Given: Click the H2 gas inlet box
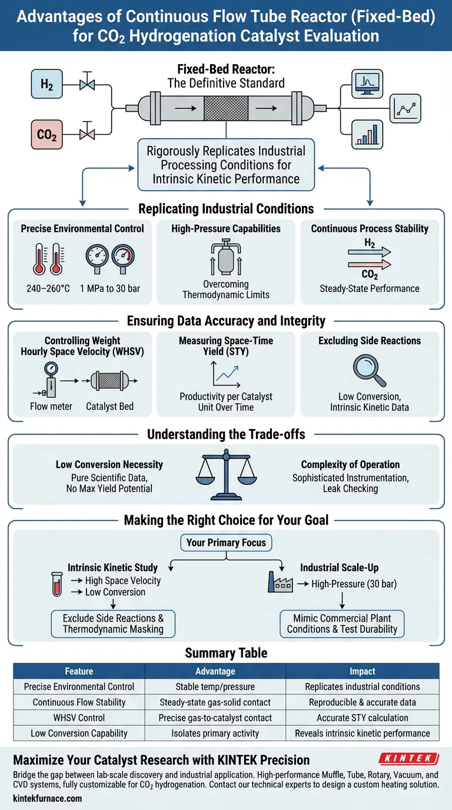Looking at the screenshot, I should (x=46, y=84).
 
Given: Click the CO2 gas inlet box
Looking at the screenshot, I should (x=46, y=135).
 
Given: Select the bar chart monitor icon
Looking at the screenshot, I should (x=367, y=133).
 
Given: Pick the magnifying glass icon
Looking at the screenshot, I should (x=370, y=369).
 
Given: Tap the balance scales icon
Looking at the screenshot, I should (x=226, y=474).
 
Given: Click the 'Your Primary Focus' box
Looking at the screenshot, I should (x=226, y=542).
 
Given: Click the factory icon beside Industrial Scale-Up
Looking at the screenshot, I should (x=279, y=582).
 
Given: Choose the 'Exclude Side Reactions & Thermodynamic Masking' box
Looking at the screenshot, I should (x=113, y=623).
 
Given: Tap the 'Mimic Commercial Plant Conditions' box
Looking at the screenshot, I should (x=342, y=623).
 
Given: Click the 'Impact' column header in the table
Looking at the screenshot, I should (x=362, y=670).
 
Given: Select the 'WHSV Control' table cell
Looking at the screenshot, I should (x=79, y=718).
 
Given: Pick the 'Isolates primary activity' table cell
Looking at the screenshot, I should (x=215, y=733).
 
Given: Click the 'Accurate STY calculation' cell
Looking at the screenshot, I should (x=362, y=718).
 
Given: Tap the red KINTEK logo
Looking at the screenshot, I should (x=408, y=758).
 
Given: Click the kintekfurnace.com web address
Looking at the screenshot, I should (x=48, y=798).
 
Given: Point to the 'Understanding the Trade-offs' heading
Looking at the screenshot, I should (x=226, y=434).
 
